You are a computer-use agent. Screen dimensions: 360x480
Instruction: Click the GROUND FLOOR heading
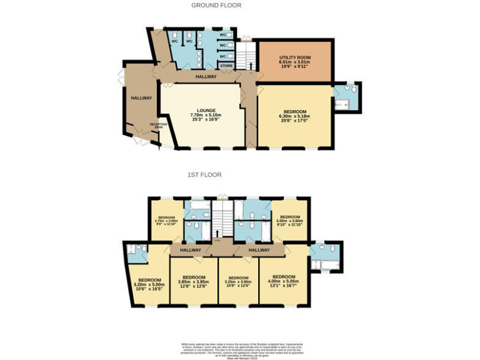tap(216, 6)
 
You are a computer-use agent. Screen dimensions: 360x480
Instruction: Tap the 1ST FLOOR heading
tap(204, 175)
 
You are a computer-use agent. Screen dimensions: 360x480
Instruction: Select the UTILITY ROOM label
tap(294, 57)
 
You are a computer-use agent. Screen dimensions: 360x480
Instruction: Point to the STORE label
tap(226, 65)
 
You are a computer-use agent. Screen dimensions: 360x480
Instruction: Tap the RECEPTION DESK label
tap(156, 126)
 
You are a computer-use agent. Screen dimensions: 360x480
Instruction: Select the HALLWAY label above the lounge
tap(206, 77)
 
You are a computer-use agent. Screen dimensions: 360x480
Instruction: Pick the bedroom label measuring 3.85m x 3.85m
tap(194, 277)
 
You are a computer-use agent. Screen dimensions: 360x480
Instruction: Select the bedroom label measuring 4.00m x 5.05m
tap(284, 277)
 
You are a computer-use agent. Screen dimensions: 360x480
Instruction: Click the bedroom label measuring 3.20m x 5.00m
tap(149, 280)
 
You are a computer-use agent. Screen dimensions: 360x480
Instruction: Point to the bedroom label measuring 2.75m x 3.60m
tap(166, 218)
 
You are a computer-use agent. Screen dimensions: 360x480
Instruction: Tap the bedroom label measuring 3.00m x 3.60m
tap(289, 218)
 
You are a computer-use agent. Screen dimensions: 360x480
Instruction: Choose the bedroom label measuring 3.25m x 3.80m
tap(238, 277)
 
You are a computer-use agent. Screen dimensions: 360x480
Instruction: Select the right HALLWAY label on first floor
tap(259, 250)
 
